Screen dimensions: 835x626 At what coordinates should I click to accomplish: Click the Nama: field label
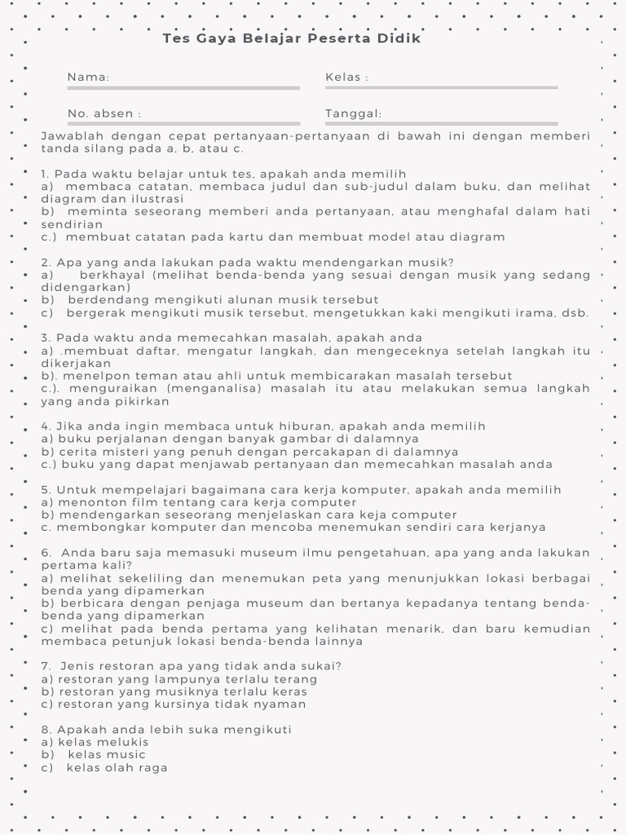point(88,77)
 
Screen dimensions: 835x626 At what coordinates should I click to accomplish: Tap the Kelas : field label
point(346,77)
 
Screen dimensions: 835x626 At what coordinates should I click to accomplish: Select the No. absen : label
point(104,113)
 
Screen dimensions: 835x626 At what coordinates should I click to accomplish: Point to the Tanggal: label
point(353,113)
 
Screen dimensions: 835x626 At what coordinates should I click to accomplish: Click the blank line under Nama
point(183,87)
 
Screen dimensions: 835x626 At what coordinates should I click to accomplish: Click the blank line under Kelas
point(441,87)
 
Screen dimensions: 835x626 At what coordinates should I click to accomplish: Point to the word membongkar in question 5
point(95,527)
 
